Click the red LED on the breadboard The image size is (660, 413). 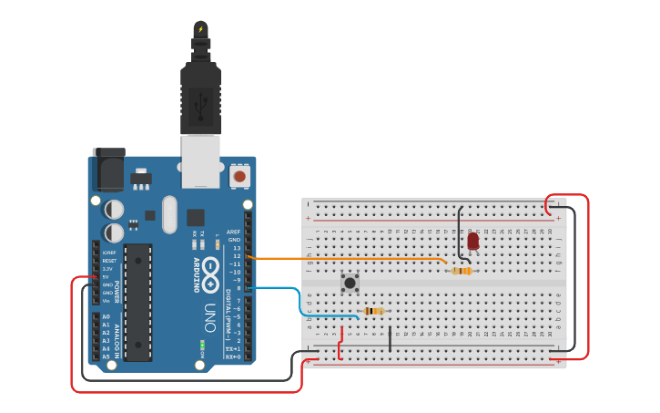472,241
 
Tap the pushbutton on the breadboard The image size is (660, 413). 350,284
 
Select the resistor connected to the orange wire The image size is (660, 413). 462,271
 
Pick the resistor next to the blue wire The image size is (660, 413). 373,312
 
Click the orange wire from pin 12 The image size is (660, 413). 346,259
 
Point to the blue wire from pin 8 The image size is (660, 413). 300,301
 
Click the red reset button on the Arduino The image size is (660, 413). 239,175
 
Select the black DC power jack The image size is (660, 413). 107,170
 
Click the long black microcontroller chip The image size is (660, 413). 137,301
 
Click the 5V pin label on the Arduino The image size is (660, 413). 107,276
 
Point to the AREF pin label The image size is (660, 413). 233,232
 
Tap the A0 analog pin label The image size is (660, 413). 106,316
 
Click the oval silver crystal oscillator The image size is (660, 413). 169,214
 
